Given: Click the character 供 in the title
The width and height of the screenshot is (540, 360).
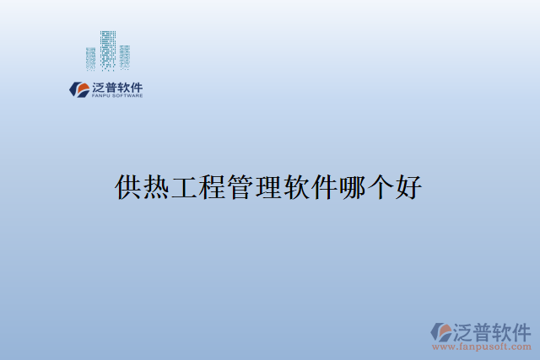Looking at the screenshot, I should (x=128, y=186).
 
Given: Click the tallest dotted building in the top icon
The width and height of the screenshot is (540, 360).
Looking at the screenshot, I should (x=107, y=50).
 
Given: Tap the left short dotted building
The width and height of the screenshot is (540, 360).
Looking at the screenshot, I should (x=90, y=57).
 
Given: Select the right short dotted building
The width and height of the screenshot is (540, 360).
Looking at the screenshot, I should (x=125, y=56).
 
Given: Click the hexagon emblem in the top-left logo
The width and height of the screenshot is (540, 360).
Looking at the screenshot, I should (x=77, y=89).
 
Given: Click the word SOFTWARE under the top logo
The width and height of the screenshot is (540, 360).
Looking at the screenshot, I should (x=127, y=95).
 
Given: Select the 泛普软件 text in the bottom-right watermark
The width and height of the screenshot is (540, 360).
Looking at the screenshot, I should (x=493, y=329).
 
